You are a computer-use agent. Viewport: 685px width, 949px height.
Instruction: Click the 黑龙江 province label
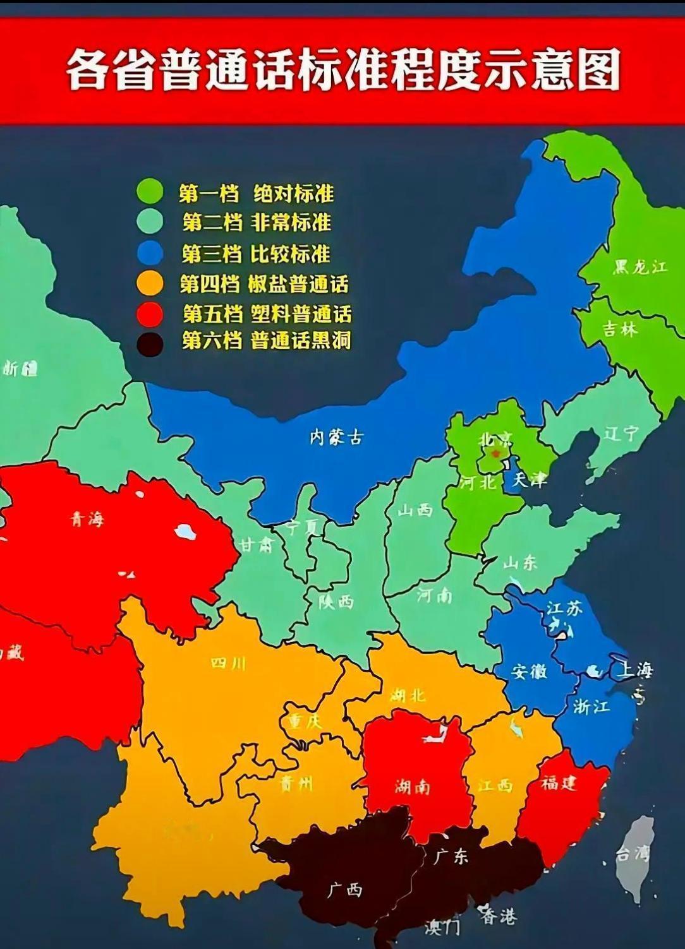coord(640,266)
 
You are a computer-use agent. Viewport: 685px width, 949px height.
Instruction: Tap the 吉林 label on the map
coord(620,328)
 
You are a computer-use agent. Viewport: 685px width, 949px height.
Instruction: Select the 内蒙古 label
coord(337,437)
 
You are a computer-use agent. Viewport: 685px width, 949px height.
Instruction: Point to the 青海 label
coord(87,520)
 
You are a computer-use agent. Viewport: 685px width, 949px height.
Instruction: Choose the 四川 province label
coord(228,663)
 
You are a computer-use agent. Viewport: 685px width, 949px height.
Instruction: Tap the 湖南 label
coord(412,786)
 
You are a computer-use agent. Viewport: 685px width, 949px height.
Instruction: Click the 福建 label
coord(559,783)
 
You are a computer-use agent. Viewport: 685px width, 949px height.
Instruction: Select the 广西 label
coord(345,890)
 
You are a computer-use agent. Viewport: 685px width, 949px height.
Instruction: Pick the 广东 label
coord(451,856)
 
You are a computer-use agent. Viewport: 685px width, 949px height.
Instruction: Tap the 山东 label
coord(520,561)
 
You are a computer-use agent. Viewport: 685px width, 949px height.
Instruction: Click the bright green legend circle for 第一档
coord(150,193)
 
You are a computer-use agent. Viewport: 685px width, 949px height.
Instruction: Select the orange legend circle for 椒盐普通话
coord(150,284)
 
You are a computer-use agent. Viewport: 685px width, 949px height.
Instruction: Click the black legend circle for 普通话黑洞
coord(150,343)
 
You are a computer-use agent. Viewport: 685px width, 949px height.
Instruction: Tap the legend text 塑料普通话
coord(301,314)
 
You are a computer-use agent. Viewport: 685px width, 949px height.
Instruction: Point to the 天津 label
coord(529,480)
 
